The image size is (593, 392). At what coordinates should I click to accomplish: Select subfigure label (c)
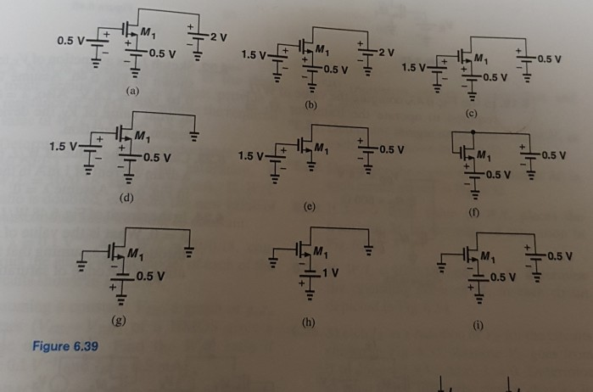click(x=472, y=113)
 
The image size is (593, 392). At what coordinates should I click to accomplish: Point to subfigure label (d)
click(x=128, y=196)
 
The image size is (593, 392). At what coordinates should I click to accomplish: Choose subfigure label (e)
click(x=309, y=206)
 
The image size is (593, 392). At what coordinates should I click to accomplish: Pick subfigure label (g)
click(x=120, y=320)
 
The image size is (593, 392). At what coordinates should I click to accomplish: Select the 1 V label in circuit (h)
click(x=330, y=272)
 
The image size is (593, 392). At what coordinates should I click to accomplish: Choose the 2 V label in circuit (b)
click(x=387, y=53)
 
